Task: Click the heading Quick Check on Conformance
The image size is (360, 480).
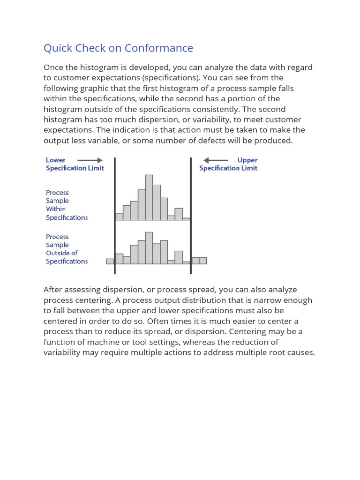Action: [x=118, y=48]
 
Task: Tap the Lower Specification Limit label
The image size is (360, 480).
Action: [x=75, y=164]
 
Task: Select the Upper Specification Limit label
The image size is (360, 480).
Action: [x=228, y=164]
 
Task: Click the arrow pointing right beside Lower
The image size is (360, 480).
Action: [x=90, y=160]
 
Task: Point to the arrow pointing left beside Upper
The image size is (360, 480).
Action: [x=216, y=160]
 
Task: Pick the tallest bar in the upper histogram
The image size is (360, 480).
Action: [x=149, y=197]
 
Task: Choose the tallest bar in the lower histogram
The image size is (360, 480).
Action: [x=149, y=248]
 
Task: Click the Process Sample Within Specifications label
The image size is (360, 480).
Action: [x=67, y=205]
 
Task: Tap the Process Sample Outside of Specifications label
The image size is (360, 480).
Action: [x=67, y=249]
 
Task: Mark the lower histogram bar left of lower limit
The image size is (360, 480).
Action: [x=110, y=261]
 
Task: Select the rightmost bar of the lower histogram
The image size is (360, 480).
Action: [x=202, y=261]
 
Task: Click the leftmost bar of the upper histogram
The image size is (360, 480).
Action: [x=119, y=217]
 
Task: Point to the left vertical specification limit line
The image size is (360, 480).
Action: [x=115, y=216]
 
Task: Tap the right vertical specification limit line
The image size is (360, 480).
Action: [x=191, y=216]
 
